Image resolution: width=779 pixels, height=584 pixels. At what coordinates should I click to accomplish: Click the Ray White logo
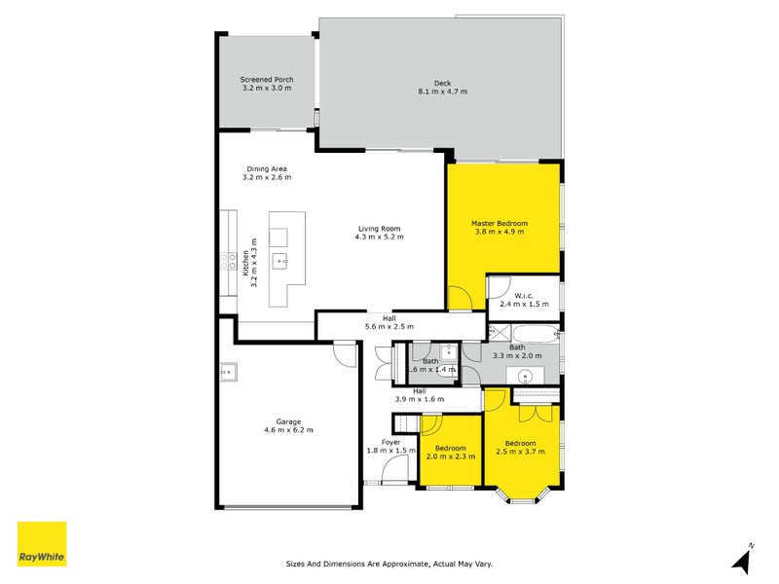coord(42,544)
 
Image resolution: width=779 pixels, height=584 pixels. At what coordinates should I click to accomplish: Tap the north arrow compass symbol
coord(743,559)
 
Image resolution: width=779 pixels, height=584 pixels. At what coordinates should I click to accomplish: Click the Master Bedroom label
coord(499,222)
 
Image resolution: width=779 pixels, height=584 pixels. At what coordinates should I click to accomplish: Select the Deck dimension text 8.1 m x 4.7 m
coord(443,91)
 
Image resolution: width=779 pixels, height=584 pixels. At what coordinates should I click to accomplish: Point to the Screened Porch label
coord(267,79)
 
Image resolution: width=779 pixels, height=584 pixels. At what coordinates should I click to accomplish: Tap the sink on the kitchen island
coord(279,260)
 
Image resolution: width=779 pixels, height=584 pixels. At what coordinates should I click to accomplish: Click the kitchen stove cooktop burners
coord(226,261)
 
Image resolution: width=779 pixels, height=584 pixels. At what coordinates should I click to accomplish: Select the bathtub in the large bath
coord(535,333)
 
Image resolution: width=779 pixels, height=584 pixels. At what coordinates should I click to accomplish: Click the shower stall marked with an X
coord(493,333)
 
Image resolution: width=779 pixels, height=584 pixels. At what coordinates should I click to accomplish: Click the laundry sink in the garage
coord(227,370)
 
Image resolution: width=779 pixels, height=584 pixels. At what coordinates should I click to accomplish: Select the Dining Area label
coord(266,168)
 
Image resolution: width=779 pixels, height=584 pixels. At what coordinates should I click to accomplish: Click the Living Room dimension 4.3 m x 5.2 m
coord(379,237)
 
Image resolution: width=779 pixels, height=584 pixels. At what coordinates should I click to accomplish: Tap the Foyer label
coord(391,442)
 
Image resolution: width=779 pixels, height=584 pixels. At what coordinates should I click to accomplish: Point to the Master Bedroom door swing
coord(464,298)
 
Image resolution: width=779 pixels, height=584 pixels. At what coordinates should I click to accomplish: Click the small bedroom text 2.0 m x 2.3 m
coord(450,456)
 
